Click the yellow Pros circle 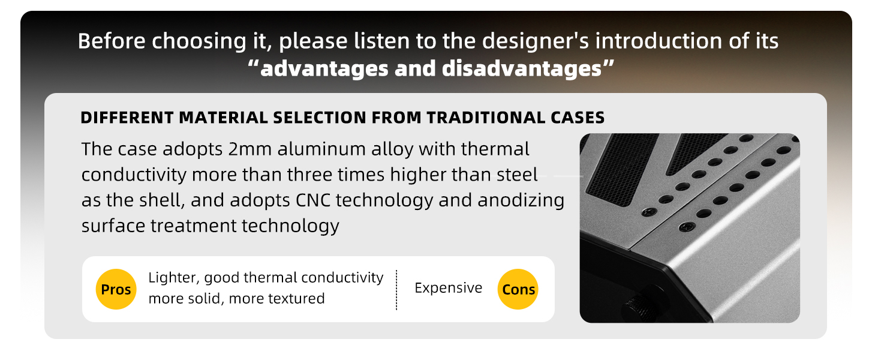(116, 290)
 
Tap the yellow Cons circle (519, 290)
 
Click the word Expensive (449, 288)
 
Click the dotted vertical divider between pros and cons (396, 290)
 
